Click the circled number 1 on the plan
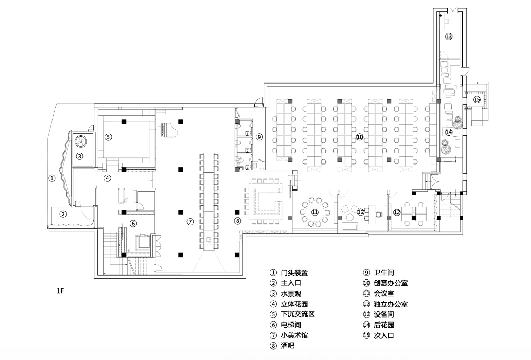pyautogui.click(x=52, y=178)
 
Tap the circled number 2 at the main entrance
pyautogui.click(x=63, y=214)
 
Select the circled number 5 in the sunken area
pyautogui.click(x=108, y=137)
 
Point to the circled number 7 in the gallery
pyautogui.click(x=190, y=222)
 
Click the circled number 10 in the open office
pyautogui.click(x=359, y=137)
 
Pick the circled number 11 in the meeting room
pyautogui.click(x=315, y=212)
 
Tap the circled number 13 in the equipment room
pyautogui.click(x=448, y=36)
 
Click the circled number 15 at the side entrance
pyautogui.click(x=477, y=100)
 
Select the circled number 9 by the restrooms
pyautogui.click(x=259, y=137)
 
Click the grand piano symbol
pyautogui.click(x=162, y=130)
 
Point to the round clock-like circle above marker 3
pyautogui.click(x=80, y=141)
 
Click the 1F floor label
pyautogui.click(x=60, y=291)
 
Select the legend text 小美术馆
pyautogui.click(x=294, y=335)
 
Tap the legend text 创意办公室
pyautogui.click(x=391, y=283)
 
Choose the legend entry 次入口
pyautogui.click(x=384, y=336)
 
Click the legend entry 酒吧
pyautogui.click(x=287, y=346)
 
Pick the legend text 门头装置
pyautogui.click(x=294, y=273)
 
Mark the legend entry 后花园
pyautogui.click(x=384, y=325)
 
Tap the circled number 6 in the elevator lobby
pyautogui.click(x=133, y=224)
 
